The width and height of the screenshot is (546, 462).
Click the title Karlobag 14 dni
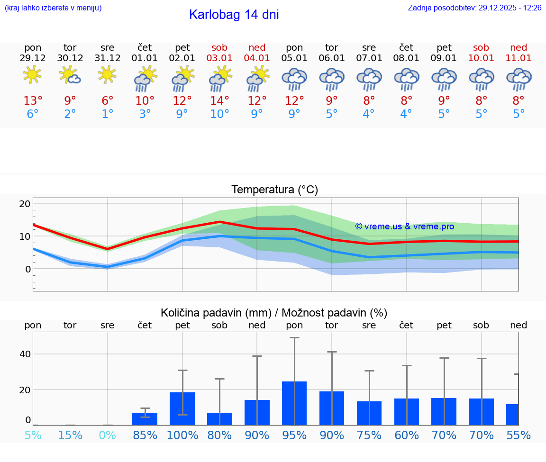pyautogui.click(x=234, y=15)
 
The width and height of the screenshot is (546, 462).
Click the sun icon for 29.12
pyautogui.click(x=32, y=75)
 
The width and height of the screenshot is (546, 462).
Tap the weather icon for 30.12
pyautogui.click(x=70, y=75)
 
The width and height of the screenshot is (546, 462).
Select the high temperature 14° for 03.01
pyautogui.click(x=219, y=101)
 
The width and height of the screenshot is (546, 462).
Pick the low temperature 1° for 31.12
pyautogui.click(x=108, y=114)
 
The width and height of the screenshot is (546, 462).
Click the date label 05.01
pyautogui.click(x=294, y=58)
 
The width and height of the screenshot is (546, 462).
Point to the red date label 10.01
pyautogui.click(x=481, y=58)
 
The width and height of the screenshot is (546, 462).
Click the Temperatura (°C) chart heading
pyautogui.click(x=274, y=190)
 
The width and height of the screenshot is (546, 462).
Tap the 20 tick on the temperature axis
pyautogui.click(x=25, y=204)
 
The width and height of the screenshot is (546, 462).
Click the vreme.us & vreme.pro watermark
pyautogui.click(x=404, y=226)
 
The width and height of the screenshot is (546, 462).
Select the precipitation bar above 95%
pyautogui.click(x=294, y=403)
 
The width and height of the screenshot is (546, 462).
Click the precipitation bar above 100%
pyautogui.click(x=182, y=408)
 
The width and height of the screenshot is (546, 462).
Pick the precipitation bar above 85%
pyautogui.click(x=145, y=419)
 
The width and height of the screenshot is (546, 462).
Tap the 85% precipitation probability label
pyautogui.click(x=145, y=435)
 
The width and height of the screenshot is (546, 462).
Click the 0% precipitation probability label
pyautogui.click(x=108, y=435)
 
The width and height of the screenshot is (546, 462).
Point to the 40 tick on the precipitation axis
pyautogui.click(x=25, y=354)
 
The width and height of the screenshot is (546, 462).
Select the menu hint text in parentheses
pyautogui.click(x=53, y=8)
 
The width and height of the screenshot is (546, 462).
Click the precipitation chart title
pyautogui.click(x=274, y=313)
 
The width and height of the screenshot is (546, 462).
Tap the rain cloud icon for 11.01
pyautogui.click(x=519, y=79)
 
